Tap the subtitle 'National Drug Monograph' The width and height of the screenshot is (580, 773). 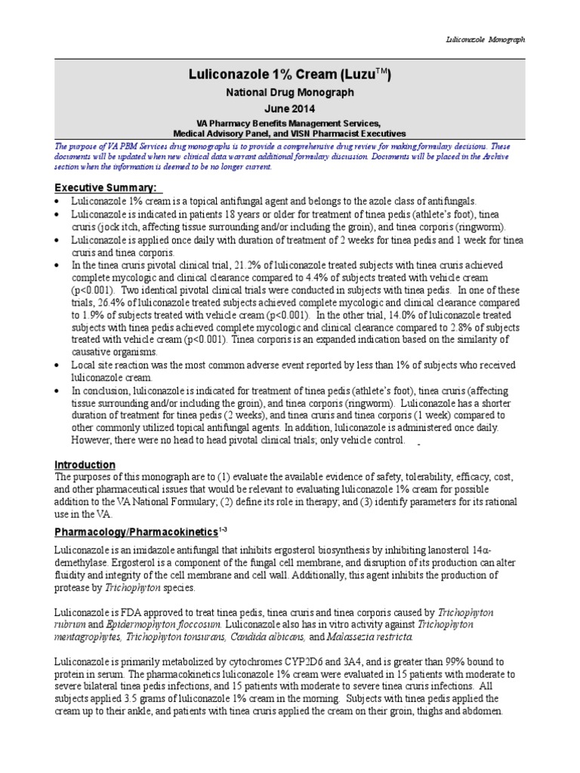[x=290, y=93]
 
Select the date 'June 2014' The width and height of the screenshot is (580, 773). [x=290, y=109]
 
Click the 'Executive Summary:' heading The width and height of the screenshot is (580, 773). [x=107, y=187]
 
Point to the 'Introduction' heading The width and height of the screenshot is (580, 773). [x=85, y=464]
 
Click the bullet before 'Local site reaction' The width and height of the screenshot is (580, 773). [x=60, y=365]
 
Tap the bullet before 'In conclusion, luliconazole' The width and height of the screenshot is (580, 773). [x=60, y=390]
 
